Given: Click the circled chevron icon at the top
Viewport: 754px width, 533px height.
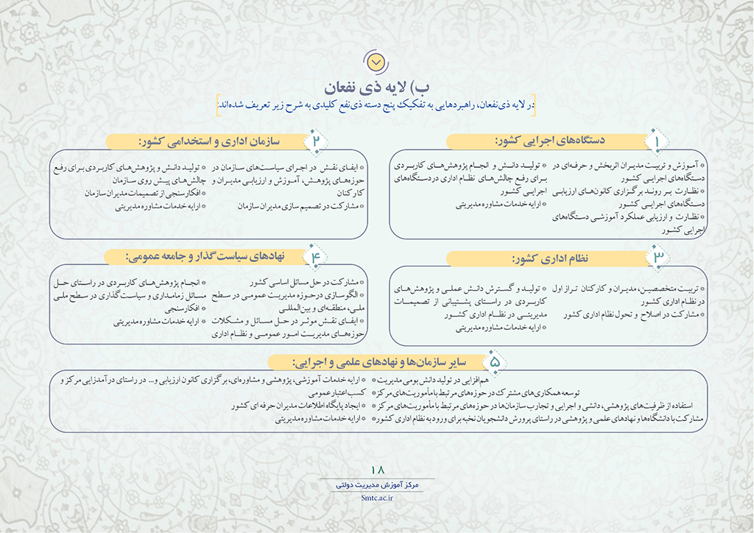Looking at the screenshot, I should point(376,59).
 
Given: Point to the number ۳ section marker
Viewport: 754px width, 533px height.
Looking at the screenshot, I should point(658,258).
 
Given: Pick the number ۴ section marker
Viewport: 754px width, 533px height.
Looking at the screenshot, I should point(318,257).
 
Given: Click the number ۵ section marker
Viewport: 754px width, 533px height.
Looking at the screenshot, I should point(495,361).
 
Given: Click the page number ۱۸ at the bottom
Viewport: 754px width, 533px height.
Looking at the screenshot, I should point(378,470).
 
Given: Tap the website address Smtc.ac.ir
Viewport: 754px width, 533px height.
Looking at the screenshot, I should point(378,498).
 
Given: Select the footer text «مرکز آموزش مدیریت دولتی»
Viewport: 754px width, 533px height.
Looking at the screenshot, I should point(378,486).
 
